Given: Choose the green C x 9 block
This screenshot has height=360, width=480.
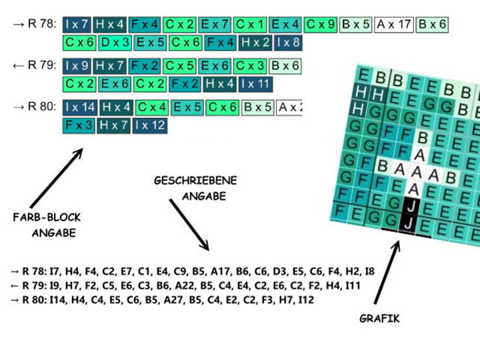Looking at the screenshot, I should click(x=321, y=25).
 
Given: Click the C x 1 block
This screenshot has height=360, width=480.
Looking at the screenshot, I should click(x=250, y=25).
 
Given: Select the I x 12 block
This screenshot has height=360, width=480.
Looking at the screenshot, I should click(x=149, y=125).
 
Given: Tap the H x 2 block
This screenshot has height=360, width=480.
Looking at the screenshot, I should click(x=255, y=43).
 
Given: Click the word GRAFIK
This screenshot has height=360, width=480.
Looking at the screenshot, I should click(x=379, y=319).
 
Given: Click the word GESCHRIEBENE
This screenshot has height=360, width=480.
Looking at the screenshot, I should click(x=195, y=180).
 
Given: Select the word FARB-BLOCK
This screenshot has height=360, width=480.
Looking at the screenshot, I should click(x=47, y=217).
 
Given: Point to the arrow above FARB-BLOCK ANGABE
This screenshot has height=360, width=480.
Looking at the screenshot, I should click(x=56, y=177).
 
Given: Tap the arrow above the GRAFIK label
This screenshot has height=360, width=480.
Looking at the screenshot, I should click(x=387, y=273).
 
